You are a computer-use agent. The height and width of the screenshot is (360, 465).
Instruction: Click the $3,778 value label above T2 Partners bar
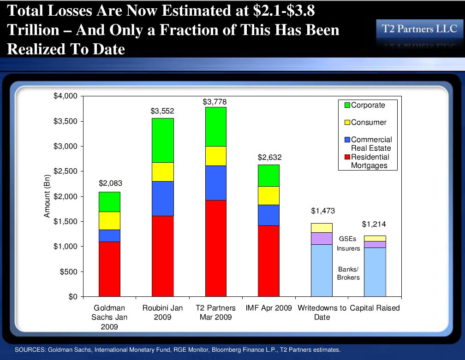[x=215, y=101]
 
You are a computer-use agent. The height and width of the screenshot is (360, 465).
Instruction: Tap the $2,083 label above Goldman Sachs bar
[x=110, y=183]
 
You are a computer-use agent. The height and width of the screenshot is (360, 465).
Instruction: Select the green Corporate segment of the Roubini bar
[x=163, y=140]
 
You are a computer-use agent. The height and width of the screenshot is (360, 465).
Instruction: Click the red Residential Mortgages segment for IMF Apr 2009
[x=268, y=260]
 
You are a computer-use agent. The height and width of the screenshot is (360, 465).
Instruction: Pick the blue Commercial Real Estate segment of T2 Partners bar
[x=215, y=183]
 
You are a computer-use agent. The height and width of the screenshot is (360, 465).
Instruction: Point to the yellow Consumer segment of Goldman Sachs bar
[x=110, y=221]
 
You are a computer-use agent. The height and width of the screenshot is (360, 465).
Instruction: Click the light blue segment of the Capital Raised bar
[x=375, y=272]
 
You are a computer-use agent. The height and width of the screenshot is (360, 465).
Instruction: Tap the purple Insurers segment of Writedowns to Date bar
[x=322, y=238]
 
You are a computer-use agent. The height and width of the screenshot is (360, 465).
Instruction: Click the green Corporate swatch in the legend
[x=347, y=105]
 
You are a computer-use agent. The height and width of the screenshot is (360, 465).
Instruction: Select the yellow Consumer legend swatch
[x=347, y=123]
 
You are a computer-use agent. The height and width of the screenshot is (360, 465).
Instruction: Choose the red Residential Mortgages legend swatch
[x=347, y=157]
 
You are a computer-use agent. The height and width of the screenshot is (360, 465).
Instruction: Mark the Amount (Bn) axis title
[x=47, y=197]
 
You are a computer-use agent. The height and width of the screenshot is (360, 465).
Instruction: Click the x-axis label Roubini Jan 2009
[x=162, y=313]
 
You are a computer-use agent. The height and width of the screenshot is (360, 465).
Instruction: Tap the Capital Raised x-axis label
[x=375, y=308]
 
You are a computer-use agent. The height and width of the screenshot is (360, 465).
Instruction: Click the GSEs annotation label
[x=348, y=239]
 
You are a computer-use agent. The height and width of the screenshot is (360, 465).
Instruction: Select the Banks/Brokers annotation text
[x=348, y=273]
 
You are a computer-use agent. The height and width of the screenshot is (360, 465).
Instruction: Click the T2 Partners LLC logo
[x=419, y=29]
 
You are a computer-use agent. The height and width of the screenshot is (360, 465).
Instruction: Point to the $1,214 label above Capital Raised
[x=374, y=224]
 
